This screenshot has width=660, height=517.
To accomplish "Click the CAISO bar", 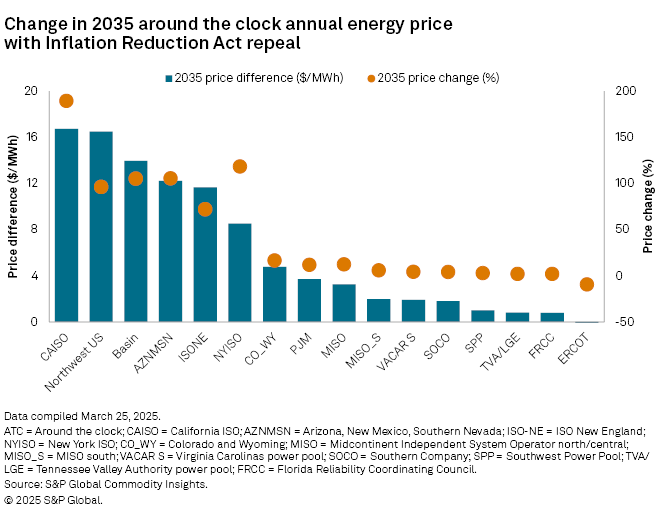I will tap(66, 225).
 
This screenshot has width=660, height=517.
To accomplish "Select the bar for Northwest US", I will tap(101, 227).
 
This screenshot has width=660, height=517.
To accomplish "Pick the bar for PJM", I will tap(309, 300).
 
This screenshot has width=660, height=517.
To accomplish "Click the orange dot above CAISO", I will tap(66, 101).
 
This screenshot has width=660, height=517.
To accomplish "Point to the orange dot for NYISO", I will tap(240, 166).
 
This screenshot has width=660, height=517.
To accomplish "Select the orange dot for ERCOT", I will tap(587, 284).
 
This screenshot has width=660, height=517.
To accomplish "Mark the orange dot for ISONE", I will tap(205, 209).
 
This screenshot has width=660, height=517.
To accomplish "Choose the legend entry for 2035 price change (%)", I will tap(441, 77).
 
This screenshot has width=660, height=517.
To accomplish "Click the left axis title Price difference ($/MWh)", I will tap(12, 207).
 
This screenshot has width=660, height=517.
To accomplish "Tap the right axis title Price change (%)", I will tap(648, 207).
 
